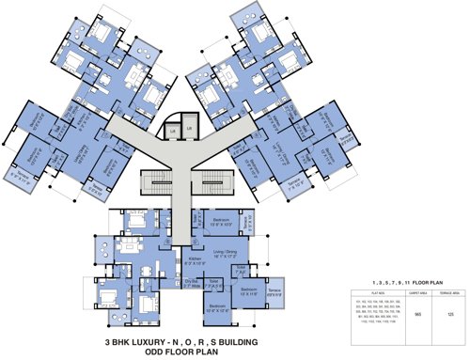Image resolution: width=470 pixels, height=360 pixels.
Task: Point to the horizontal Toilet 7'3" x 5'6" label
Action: tap(214, 282)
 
